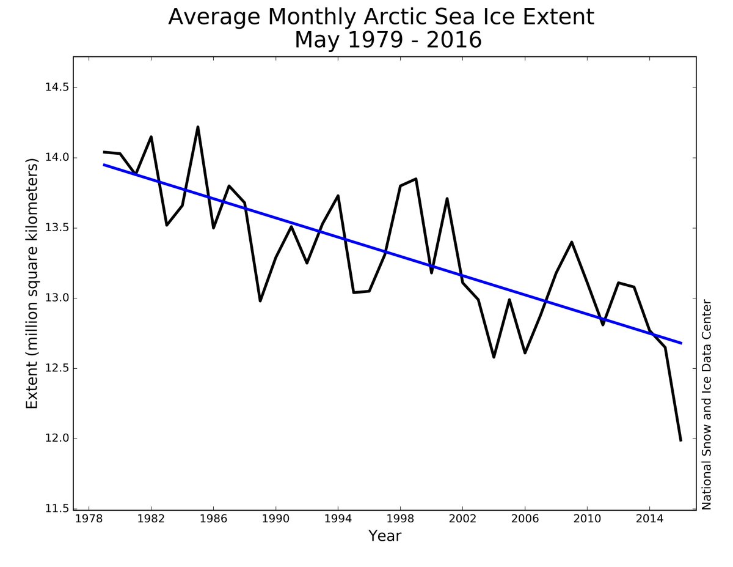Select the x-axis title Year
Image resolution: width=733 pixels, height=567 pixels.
click(384, 536)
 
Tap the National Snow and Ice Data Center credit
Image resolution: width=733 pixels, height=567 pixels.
click(707, 404)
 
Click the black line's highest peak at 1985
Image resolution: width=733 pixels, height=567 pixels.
click(198, 127)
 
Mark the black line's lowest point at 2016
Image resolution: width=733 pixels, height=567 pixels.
click(680, 440)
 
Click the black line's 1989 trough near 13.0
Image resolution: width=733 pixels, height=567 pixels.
click(260, 300)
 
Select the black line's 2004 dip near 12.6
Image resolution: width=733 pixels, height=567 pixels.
click(494, 357)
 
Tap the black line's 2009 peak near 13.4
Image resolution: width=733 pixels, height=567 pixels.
click(572, 242)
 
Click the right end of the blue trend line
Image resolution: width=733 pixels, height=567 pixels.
click(681, 343)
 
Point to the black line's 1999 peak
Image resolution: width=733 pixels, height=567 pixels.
click(416, 179)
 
